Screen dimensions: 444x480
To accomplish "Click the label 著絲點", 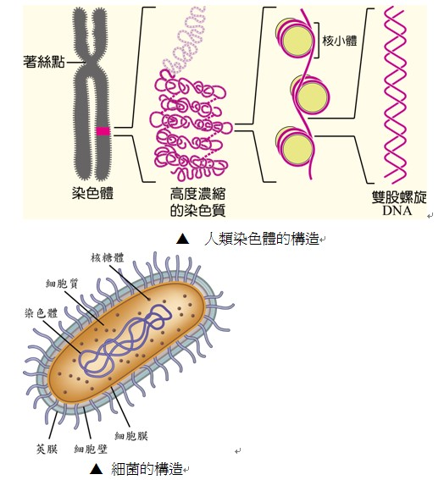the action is click(44, 61).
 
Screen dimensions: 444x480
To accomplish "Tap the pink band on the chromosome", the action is click(103, 131).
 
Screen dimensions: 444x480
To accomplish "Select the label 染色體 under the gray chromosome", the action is click(93, 193).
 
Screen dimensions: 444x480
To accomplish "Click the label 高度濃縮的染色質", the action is click(198, 202).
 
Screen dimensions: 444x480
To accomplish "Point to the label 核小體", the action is click(340, 41).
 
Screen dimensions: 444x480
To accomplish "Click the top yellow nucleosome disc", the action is click(296, 39).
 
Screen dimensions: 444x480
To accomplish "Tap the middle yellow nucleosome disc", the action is click(311, 95).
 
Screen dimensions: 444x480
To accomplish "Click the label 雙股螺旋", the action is click(399, 197).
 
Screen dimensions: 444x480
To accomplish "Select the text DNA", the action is click(397, 211).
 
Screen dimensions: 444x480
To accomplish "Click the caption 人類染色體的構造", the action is click(262, 239).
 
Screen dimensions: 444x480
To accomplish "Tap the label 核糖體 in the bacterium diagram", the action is click(108, 257).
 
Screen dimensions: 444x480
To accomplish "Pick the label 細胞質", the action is click(62, 284).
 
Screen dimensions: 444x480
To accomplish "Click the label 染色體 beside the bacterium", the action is click(41, 313).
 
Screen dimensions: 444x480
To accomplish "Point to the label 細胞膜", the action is click(131, 436).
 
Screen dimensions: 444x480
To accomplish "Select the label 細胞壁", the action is click(91, 449).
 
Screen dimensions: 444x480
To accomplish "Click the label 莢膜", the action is click(47, 449).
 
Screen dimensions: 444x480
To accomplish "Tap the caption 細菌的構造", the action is click(147, 469).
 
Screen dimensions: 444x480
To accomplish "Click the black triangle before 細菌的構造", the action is click(97, 469).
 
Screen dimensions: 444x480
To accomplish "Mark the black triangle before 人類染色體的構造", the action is click(183, 239).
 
